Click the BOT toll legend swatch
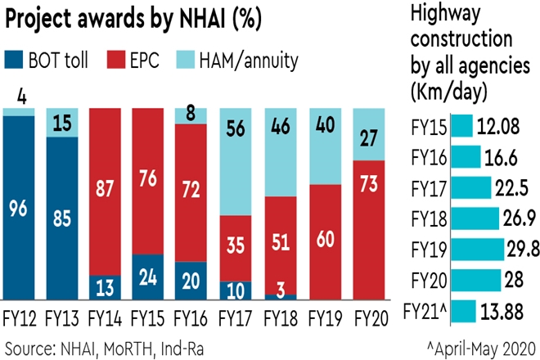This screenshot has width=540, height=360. (15, 60)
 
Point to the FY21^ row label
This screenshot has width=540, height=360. (428, 312)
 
